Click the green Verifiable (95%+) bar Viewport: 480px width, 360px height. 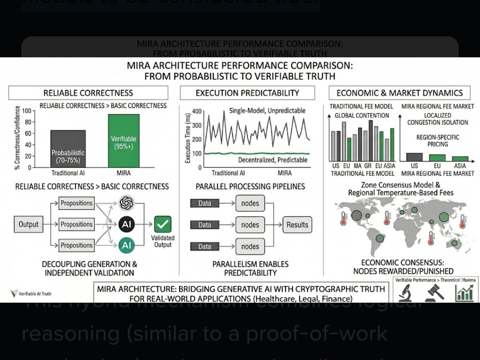tap(124, 140)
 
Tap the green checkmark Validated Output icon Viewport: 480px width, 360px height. tap(163, 224)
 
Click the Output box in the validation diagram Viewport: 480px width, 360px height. tap(28, 224)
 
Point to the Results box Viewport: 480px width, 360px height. tap(297, 225)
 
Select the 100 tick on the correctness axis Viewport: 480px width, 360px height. tap(26, 111)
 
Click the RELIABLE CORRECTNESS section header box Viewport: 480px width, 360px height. tap(88, 93)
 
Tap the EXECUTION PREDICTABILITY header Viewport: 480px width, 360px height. tap(247, 93)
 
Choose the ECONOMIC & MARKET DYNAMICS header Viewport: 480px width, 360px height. tap(400, 93)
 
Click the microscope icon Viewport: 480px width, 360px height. tap(405, 293)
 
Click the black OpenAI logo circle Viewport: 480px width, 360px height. tap(127, 204)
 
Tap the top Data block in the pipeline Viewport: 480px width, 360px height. tap(204, 204)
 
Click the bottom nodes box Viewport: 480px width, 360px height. tap(250, 246)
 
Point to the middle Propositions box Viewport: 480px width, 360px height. tap(76, 224)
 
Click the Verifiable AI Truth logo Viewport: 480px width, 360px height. tap(31, 293)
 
